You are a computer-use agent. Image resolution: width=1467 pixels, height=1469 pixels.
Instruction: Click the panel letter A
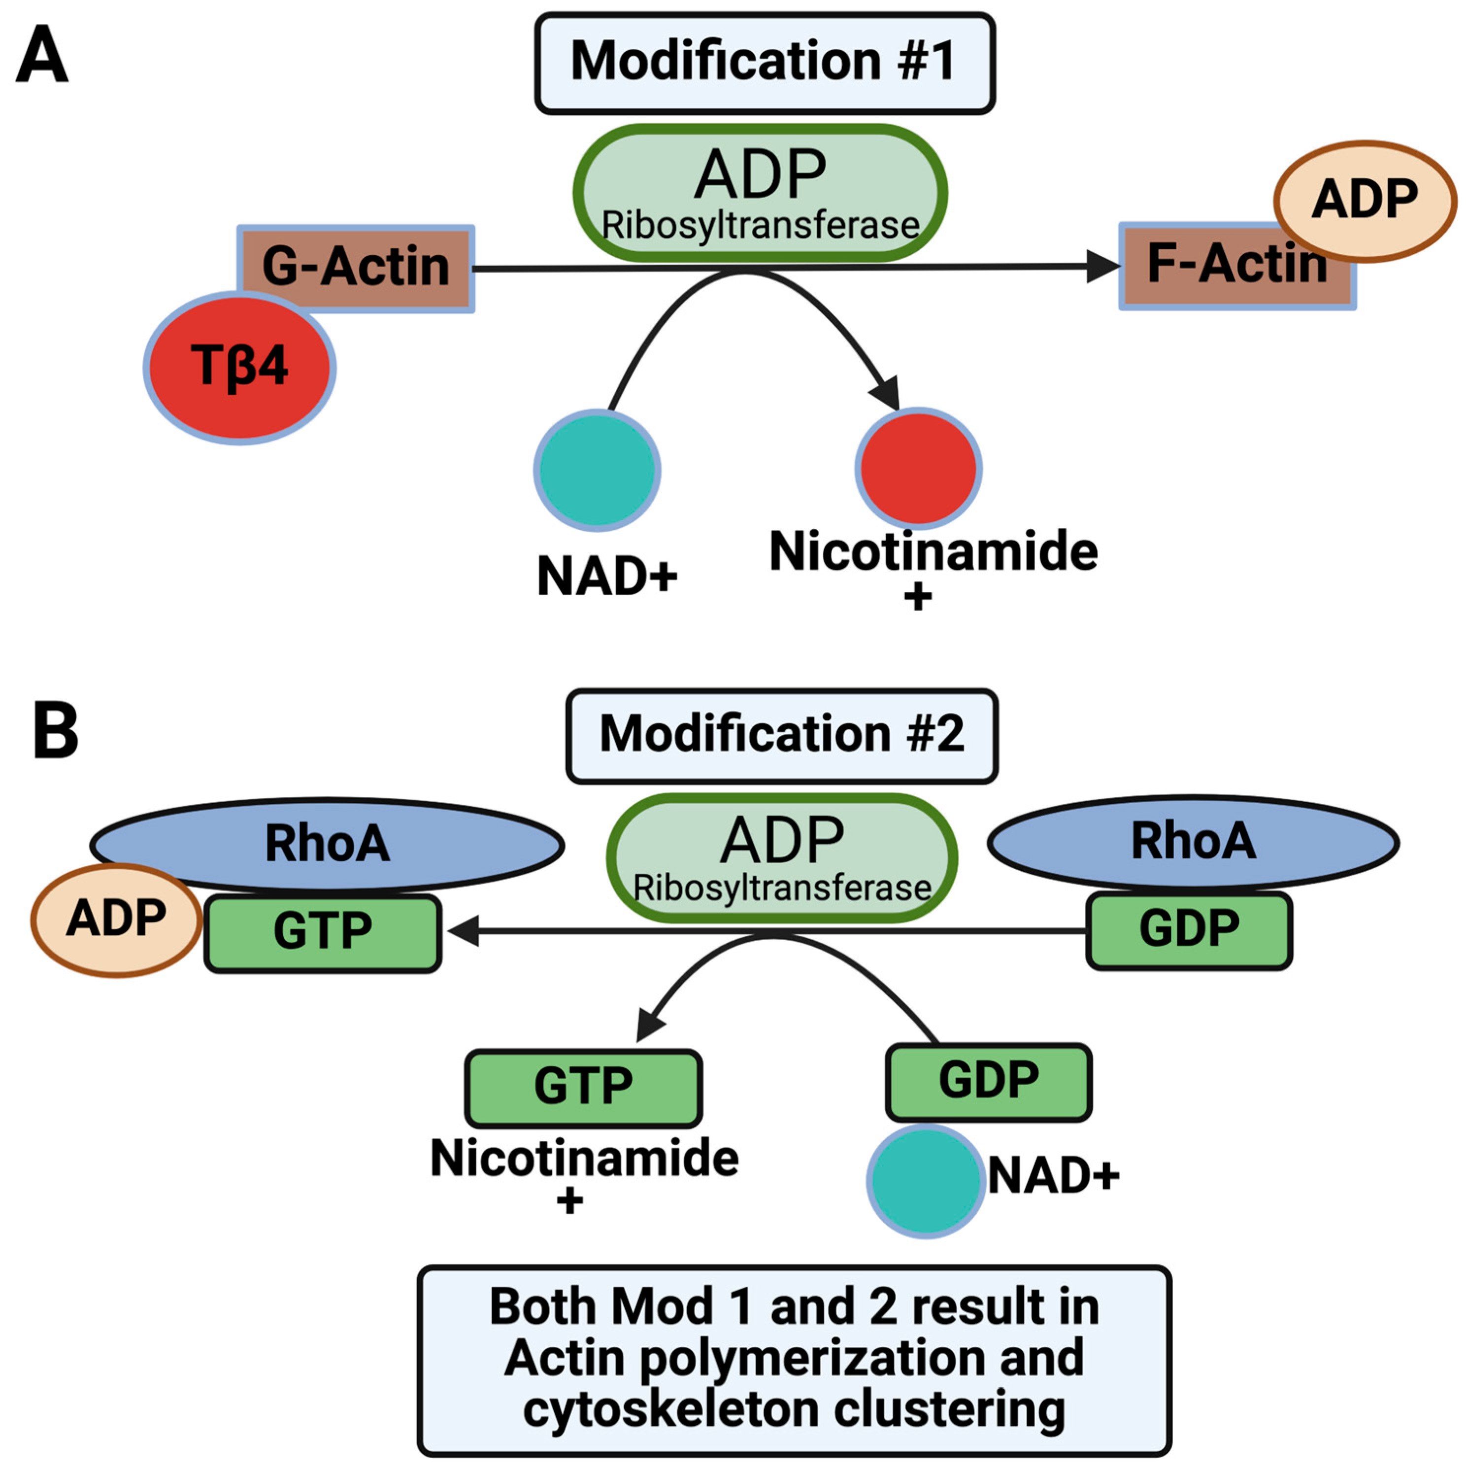pos(42,54)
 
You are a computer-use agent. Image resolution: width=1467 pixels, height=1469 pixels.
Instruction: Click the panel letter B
pos(56,730)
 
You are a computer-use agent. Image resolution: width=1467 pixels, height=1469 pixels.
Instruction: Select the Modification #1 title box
pos(764,63)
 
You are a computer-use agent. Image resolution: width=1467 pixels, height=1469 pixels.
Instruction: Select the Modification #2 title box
pos(781,735)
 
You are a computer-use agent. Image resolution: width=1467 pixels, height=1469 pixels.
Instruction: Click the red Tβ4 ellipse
pos(239,367)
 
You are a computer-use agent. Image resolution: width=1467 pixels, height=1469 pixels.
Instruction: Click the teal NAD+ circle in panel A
pos(597,470)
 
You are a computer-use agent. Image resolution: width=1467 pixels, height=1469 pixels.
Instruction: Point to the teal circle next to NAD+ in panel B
pos(926,1181)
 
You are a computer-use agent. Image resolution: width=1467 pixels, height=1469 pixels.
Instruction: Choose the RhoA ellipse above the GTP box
pos(327,844)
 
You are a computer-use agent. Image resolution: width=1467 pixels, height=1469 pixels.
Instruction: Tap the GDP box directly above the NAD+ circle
pos(988,1081)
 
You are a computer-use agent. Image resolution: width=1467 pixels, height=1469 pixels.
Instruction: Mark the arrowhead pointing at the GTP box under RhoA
pos(464,931)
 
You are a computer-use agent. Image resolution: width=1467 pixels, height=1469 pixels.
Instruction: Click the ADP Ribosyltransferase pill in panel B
pos(781,857)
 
